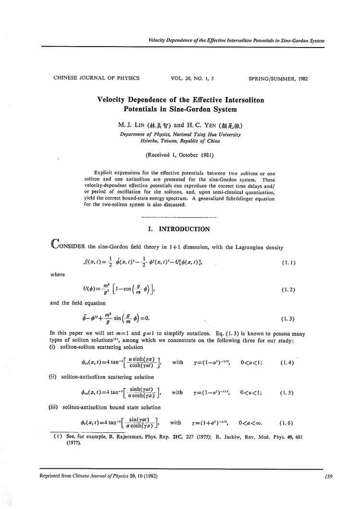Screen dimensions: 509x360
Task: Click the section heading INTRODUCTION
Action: coord(184,229)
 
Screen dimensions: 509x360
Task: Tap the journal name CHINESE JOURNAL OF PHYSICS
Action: coord(96,78)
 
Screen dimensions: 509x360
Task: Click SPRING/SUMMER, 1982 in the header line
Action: coord(278,78)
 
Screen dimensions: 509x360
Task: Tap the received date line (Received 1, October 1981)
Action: coord(180,154)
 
